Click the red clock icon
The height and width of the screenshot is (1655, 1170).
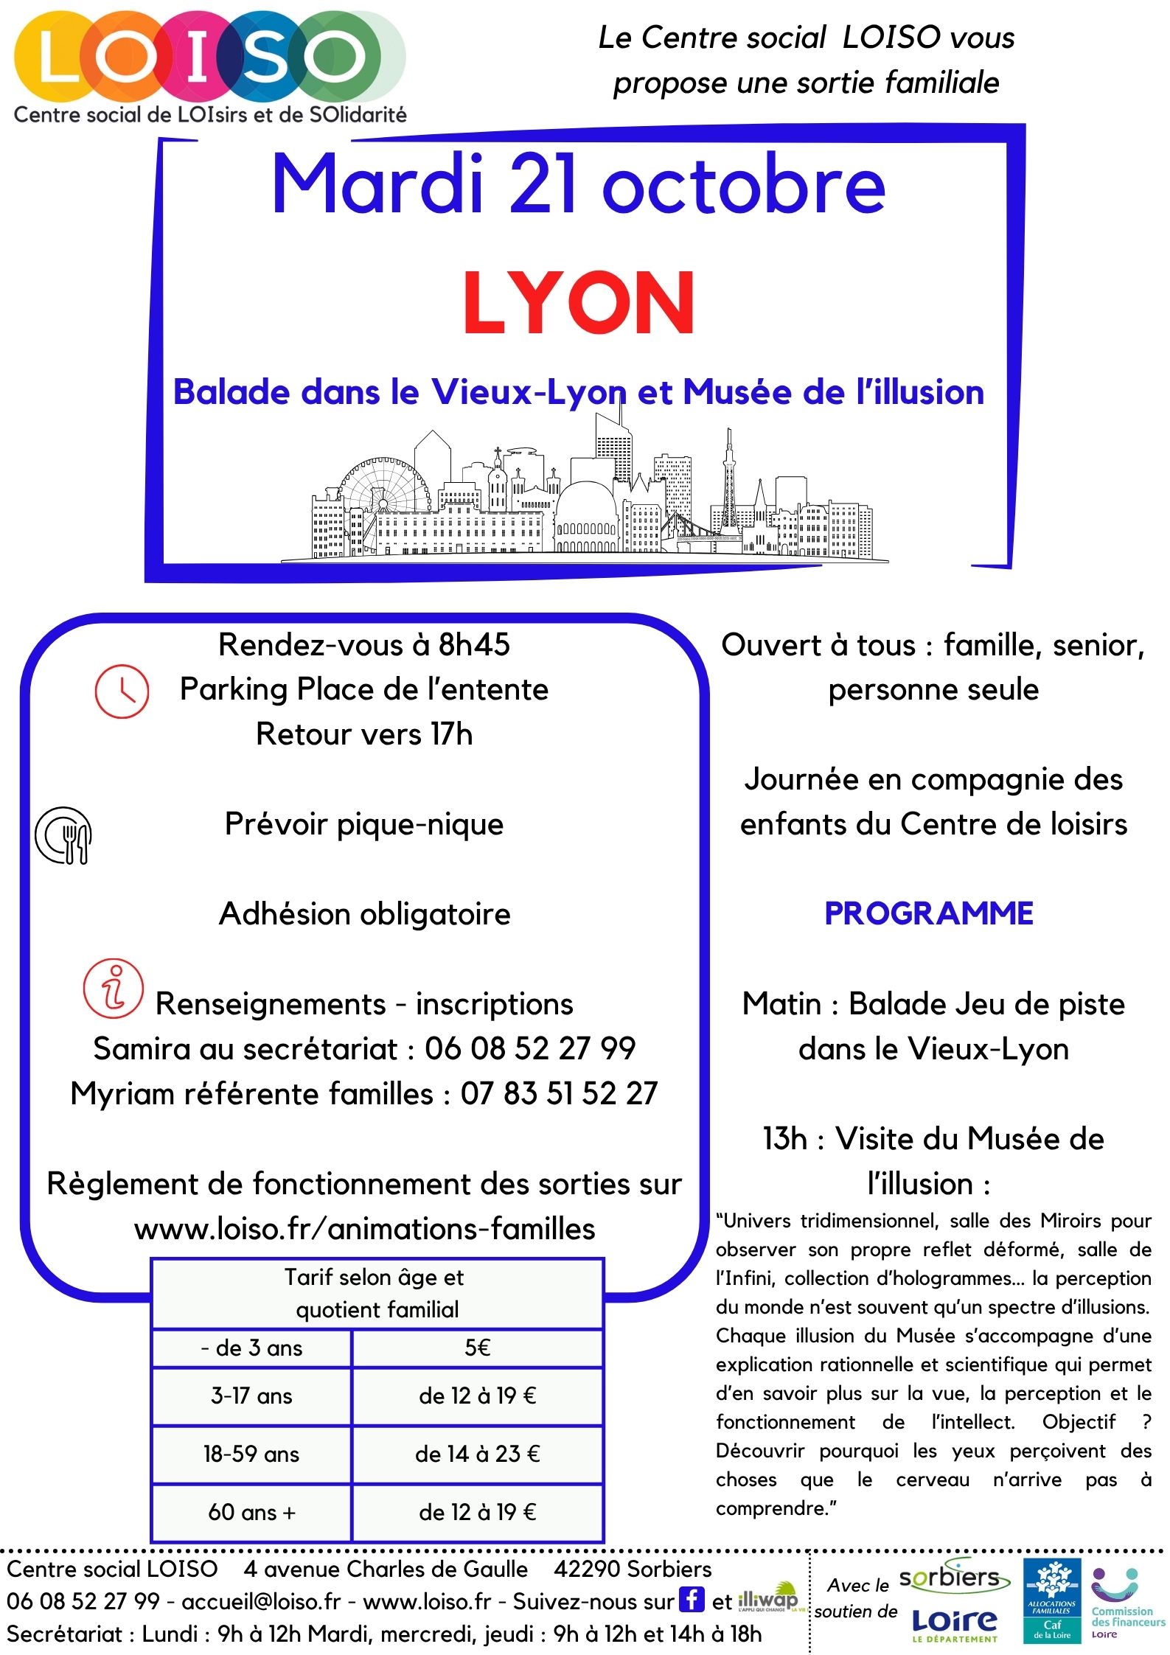[122, 691]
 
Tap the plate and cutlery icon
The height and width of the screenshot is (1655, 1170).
[63, 835]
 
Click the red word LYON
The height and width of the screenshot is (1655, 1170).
[579, 303]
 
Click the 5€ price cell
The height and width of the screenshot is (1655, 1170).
[478, 1348]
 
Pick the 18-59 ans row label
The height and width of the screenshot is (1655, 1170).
[251, 1454]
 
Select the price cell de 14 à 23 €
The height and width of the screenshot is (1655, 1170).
[478, 1454]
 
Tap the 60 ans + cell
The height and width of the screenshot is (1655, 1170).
[251, 1513]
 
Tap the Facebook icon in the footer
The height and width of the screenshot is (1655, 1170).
[692, 1600]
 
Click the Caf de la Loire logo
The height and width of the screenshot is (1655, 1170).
[1052, 1600]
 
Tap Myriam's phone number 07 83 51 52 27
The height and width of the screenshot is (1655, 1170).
[559, 1094]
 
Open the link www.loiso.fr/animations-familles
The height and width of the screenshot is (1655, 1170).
[365, 1229]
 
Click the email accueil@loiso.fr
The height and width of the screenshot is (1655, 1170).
[261, 1602]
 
